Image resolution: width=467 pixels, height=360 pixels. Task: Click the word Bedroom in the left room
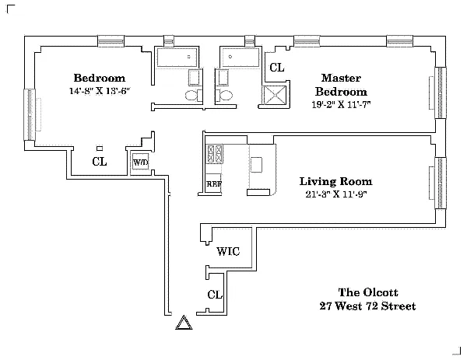99,78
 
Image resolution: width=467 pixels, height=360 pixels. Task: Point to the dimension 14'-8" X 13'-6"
99,91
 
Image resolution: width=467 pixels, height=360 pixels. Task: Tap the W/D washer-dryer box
140,163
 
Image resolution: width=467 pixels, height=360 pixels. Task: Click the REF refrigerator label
214,184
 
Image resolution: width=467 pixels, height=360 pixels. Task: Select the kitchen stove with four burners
214,152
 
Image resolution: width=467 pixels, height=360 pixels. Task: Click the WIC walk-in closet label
228,251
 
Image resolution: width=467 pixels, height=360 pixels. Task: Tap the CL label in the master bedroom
276,68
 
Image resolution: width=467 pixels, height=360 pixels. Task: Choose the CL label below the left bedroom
99,162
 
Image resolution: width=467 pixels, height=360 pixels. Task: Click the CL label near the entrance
215,295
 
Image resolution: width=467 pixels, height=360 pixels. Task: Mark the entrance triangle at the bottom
184,323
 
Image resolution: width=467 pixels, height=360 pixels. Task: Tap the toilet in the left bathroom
191,95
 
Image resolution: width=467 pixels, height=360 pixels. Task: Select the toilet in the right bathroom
224,95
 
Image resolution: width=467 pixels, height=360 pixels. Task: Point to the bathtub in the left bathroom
178,58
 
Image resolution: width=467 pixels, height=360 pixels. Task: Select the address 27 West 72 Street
367,306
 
